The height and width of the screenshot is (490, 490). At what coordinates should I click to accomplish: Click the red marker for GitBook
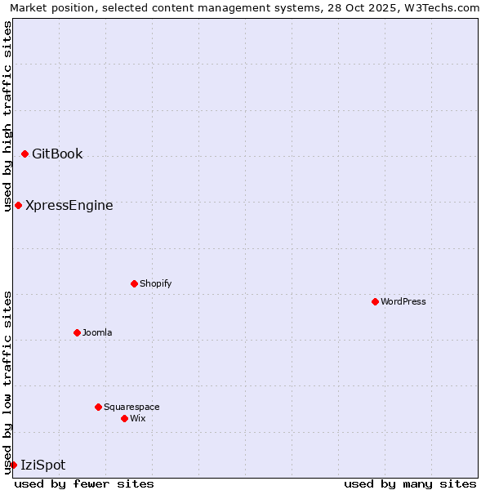pos(25,154)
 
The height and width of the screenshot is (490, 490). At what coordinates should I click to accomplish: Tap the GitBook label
pos(57,154)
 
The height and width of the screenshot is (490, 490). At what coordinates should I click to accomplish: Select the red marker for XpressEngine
pos(19,205)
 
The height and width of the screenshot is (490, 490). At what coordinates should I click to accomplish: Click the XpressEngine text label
pos(69,206)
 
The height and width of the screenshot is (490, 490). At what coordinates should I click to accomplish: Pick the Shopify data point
pos(135,283)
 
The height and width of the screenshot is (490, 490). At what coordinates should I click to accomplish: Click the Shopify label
pos(155,284)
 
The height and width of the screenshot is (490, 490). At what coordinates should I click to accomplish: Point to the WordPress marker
pos(376,301)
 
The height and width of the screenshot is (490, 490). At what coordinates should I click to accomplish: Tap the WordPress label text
pos(403,302)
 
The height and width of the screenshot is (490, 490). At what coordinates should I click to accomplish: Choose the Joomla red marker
pos(78,332)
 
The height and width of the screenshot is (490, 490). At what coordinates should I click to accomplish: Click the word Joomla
pos(97,333)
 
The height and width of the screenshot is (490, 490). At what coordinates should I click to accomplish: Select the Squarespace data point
pos(99,407)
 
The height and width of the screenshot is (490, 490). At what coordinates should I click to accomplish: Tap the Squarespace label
pos(131,408)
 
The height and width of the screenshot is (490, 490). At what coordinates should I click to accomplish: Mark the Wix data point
pos(125,418)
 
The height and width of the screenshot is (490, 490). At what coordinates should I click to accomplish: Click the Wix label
pos(138,419)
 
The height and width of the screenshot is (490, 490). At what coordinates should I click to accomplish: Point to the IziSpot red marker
pos(14,465)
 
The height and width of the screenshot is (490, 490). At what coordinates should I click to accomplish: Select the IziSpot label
pos(43,465)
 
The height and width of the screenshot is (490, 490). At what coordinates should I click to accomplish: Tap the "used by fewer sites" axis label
pos(84,483)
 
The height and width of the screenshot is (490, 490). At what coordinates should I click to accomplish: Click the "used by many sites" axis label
pos(410,483)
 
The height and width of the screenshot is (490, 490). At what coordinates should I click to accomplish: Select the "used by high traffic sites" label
pos(8,116)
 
